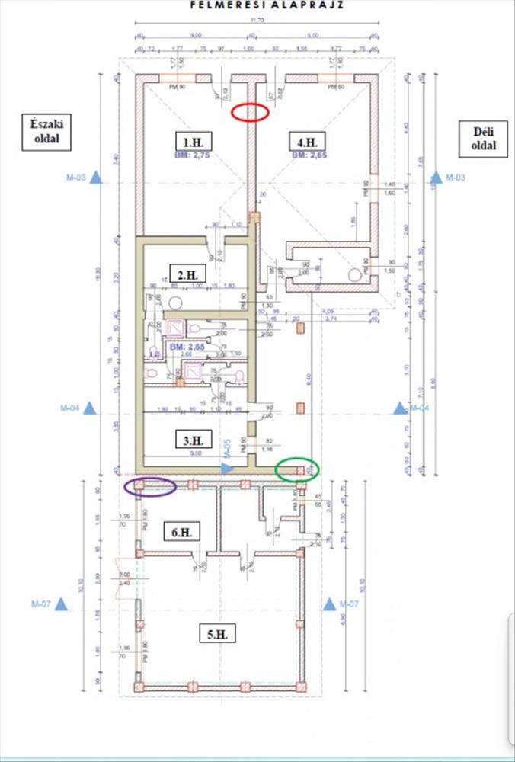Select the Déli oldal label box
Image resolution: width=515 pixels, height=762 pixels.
(x=485, y=139)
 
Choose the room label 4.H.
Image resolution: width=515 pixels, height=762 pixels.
(x=307, y=140)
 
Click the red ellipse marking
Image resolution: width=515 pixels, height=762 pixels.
(x=251, y=112)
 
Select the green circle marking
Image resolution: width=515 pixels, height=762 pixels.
(x=297, y=469)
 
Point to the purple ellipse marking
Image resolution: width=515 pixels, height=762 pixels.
(x=151, y=486)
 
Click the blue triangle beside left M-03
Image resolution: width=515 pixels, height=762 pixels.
(x=96, y=178)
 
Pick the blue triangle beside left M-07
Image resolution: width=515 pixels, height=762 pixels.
(x=62, y=604)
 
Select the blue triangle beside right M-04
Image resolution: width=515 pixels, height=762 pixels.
(x=400, y=408)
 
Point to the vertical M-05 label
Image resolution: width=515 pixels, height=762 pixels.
(x=226, y=450)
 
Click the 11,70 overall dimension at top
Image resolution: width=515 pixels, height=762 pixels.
(x=258, y=28)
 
